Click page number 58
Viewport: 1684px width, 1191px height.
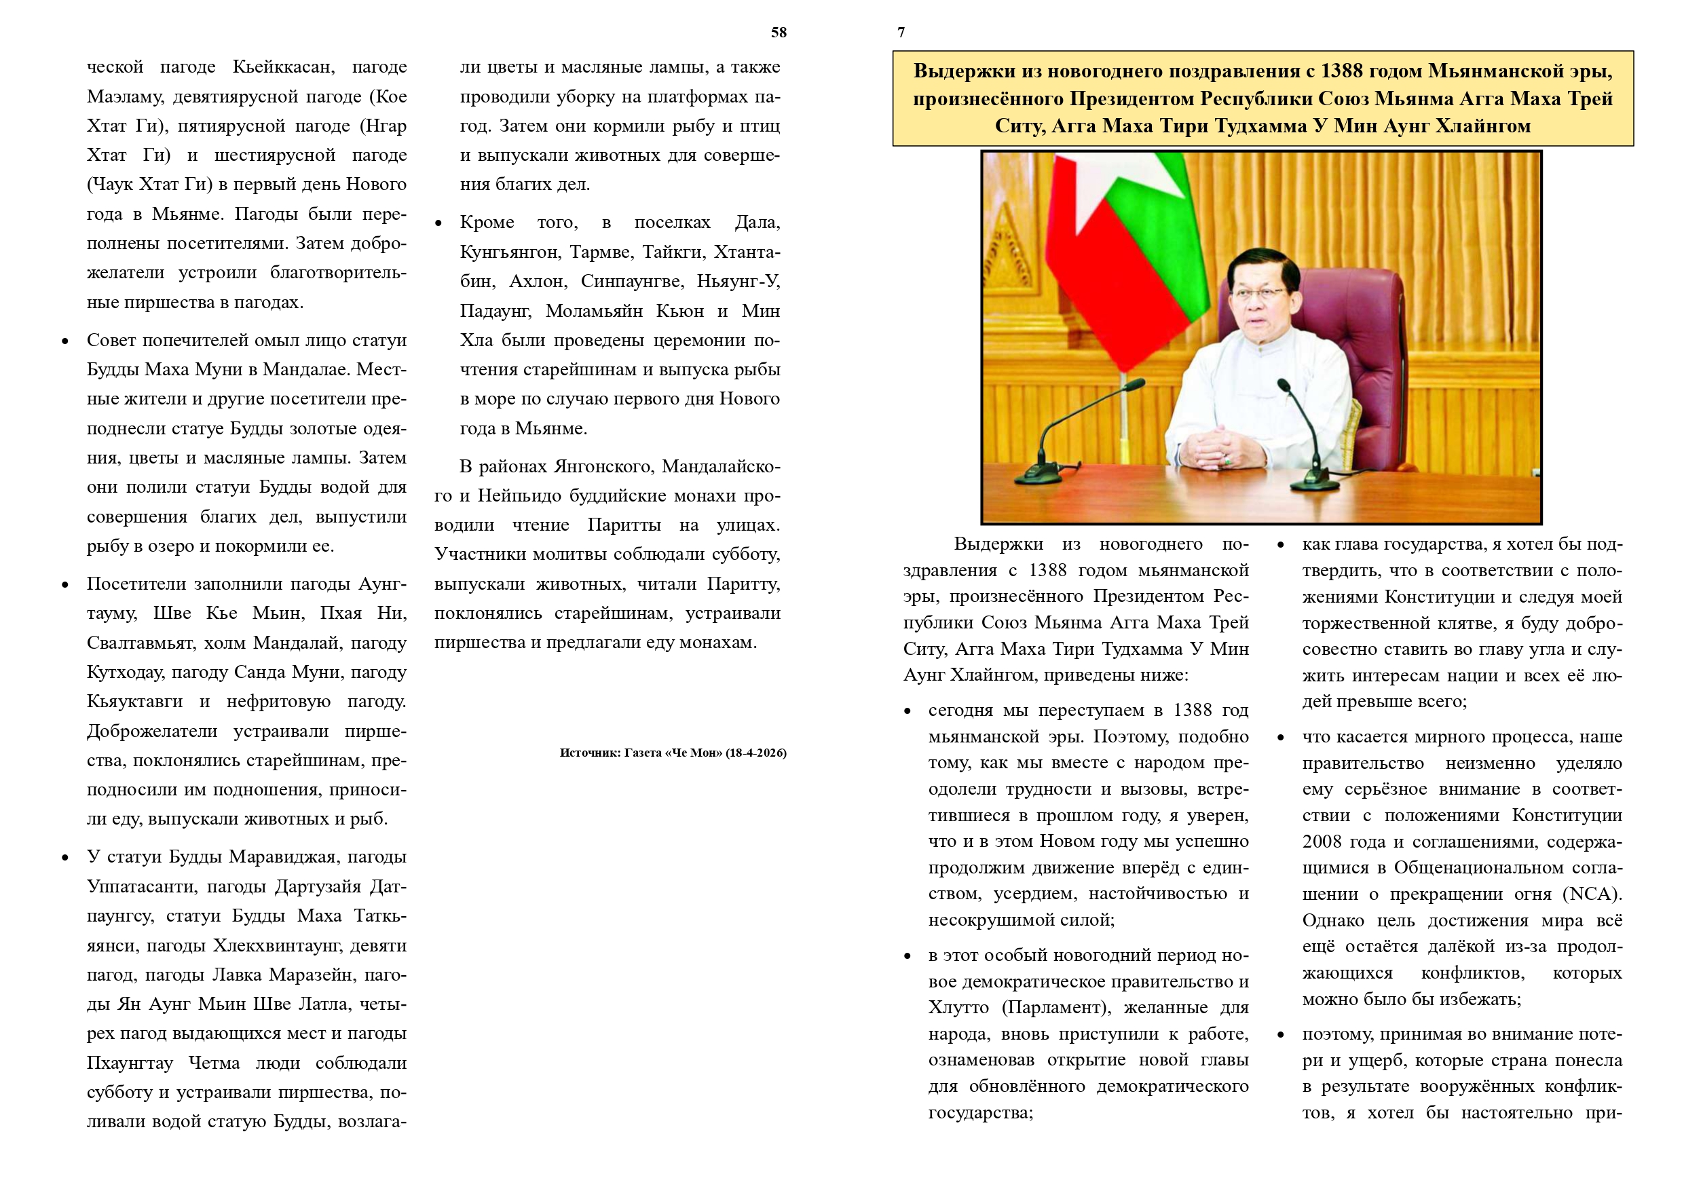coord(778,33)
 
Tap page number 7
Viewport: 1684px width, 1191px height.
coord(901,33)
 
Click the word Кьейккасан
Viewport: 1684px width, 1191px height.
coord(283,67)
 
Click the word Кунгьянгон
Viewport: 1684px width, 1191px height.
coord(508,252)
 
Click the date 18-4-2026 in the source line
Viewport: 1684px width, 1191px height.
coord(755,753)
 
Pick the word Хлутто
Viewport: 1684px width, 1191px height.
coord(958,1008)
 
